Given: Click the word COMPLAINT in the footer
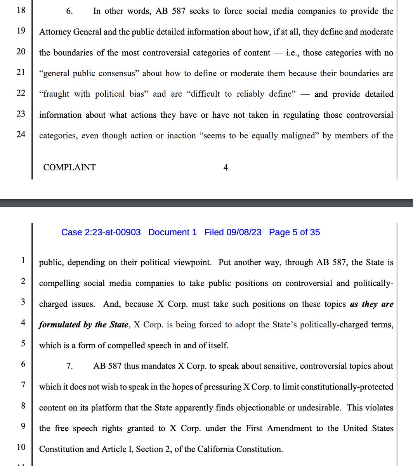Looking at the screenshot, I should pyautogui.click(x=69, y=167).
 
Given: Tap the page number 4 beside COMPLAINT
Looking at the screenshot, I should pyautogui.click(x=226, y=167).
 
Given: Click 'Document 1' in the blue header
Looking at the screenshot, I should pyautogui.click(x=172, y=232).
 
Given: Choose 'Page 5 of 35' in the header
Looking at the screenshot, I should pyautogui.click(x=294, y=232).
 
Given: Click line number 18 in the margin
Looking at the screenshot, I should pyautogui.click(x=21, y=10).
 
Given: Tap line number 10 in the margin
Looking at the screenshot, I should pyautogui.click(x=21, y=447).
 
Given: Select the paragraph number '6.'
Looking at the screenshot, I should pyautogui.click(x=69, y=11).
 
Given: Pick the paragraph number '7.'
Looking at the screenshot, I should pyautogui.click(x=69, y=366).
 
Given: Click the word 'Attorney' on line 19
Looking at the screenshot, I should pyautogui.click(x=55, y=32).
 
